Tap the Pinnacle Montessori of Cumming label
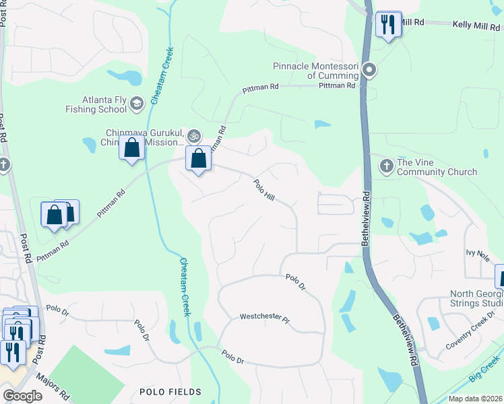point(317,71)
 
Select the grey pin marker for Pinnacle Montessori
point(369,70)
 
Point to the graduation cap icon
point(137,103)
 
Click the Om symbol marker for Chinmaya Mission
point(194,137)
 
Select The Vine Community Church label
point(437,167)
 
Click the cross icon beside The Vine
point(387,166)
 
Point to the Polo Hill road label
point(264,189)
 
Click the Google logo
point(22,396)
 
